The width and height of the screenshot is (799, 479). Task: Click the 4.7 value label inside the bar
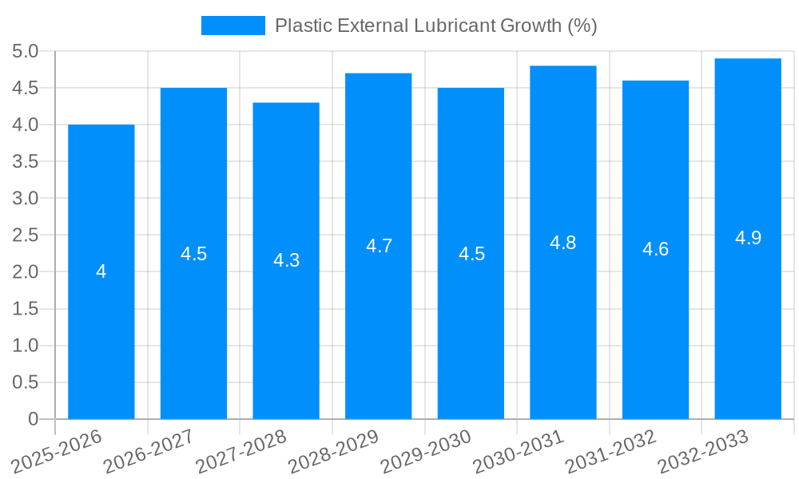379,246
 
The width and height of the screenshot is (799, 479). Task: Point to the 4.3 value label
286,260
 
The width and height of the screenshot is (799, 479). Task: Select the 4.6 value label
655,249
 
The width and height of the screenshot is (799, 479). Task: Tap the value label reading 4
101,272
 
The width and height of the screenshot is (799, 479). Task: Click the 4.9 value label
748,238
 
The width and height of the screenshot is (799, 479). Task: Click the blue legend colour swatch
233,26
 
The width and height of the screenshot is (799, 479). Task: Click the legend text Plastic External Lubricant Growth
435,26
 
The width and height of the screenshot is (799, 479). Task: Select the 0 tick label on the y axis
33,419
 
